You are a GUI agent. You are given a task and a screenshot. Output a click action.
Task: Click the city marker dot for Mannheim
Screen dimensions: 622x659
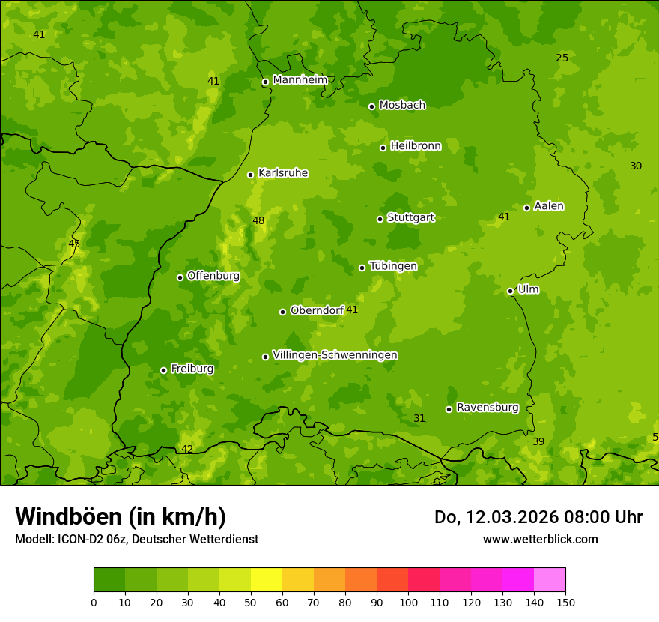pos(265,82)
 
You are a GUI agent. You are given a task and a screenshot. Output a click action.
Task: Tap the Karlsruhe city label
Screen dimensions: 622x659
pos(282,173)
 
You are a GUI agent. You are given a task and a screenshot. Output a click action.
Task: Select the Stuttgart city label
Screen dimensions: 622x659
pos(410,218)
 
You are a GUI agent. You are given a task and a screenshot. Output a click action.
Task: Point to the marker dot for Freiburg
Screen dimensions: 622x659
pos(163,370)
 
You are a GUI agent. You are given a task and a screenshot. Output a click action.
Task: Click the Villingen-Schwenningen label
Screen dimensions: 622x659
pos(335,355)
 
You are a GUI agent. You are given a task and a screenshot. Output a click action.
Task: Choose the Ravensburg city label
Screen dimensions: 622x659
pos(488,408)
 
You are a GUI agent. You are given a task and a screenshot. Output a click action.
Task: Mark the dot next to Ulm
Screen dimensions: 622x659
pos(510,291)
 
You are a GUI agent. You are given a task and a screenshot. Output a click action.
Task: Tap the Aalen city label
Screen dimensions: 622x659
pos(549,206)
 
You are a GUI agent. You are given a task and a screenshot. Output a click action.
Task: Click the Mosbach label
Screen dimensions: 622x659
pos(402,106)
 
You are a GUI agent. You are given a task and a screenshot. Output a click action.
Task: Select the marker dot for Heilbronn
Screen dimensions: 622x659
pos(383,148)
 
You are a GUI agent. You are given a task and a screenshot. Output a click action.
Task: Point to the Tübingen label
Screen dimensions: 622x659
pos(393,266)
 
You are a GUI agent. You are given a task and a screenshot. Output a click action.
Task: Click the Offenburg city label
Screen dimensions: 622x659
pos(213,276)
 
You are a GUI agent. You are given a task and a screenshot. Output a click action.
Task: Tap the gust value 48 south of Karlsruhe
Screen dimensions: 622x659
pos(258,221)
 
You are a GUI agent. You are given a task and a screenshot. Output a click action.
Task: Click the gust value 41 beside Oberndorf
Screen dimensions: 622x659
pos(352,310)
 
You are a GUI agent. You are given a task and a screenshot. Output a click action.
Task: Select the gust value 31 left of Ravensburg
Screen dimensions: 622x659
pos(419,419)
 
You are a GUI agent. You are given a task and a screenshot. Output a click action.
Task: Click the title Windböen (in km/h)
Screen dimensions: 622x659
pos(121,516)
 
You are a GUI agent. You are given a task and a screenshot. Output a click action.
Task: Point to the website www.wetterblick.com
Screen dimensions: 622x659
pos(540,539)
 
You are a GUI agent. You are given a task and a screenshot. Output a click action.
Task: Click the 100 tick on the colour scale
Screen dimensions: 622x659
pos(408,602)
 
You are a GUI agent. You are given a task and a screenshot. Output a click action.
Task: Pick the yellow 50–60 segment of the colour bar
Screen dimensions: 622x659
pos(267,579)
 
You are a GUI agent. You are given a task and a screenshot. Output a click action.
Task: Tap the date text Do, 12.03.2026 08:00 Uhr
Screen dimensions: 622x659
pos(538,517)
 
